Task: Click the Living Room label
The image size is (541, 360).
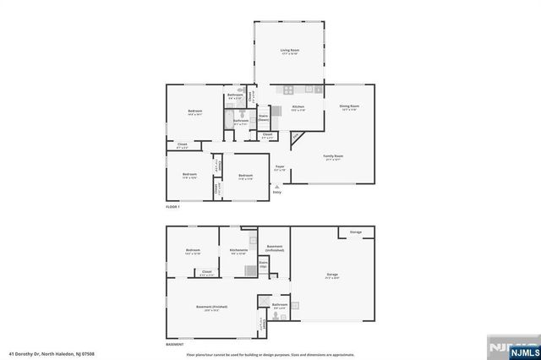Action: (x=290, y=52)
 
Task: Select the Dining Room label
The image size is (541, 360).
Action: (x=348, y=107)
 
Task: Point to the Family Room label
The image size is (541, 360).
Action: (x=334, y=157)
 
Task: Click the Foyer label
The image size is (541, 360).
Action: (x=279, y=167)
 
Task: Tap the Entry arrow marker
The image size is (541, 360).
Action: (x=276, y=187)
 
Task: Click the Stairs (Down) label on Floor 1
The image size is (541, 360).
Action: (x=263, y=117)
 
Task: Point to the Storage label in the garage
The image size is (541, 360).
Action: (x=356, y=232)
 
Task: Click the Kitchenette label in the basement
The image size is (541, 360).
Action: (x=238, y=251)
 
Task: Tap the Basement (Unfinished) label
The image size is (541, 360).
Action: (x=274, y=248)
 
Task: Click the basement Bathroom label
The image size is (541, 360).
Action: (x=280, y=305)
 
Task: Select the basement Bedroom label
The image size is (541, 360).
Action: (x=193, y=251)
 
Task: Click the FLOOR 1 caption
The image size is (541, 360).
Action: (x=173, y=206)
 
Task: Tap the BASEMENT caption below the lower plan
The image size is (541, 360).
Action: (x=175, y=345)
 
